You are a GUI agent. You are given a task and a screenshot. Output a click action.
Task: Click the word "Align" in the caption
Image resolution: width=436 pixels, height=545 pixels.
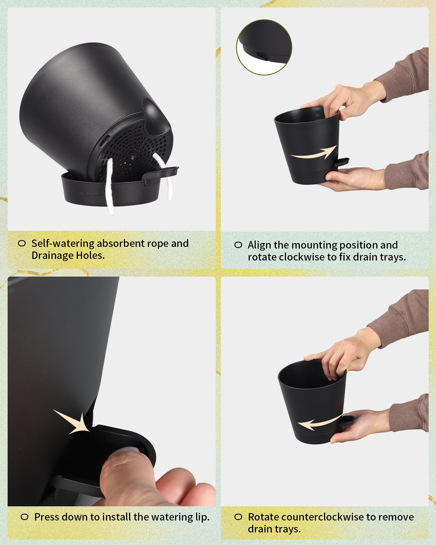click(x=260, y=245)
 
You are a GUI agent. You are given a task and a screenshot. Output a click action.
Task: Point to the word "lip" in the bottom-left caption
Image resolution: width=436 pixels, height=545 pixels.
click(x=202, y=517)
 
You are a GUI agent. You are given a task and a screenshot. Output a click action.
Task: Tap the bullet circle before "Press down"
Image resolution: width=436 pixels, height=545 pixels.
click(x=25, y=517)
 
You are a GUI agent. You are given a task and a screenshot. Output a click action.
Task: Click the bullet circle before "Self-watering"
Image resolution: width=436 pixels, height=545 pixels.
click(x=22, y=243)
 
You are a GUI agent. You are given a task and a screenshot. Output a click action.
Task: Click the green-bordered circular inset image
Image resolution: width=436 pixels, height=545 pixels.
click(x=264, y=47)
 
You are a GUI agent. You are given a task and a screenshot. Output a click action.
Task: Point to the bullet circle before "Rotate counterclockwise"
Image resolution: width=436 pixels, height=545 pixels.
click(x=238, y=517)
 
